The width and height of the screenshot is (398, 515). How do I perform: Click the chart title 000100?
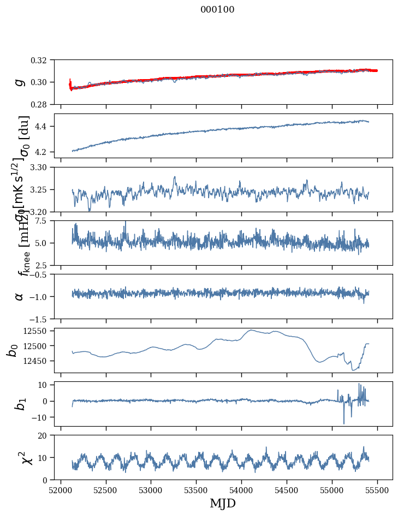coord(217,10)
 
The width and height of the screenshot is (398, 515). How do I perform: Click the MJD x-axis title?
coord(223,503)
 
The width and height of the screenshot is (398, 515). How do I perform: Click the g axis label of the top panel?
coord(20,82)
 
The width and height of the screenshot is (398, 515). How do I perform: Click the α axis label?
coord(20,296)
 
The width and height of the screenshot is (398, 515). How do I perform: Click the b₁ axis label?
coord(20,404)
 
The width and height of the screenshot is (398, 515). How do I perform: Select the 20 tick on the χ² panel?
coord(46,435)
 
